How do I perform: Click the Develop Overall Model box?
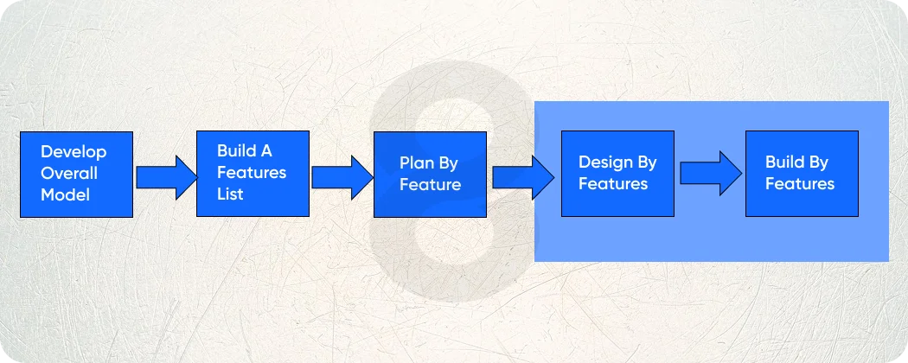[x=76, y=174]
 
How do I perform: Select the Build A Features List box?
[x=253, y=174]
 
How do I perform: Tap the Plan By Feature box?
[x=429, y=174]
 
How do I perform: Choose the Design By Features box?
[x=617, y=174]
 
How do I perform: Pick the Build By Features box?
[x=801, y=174]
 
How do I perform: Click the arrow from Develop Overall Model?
[x=167, y=177]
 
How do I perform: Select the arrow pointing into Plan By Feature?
[x=342, y=177]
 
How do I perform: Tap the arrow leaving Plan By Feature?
[x=523, y=177]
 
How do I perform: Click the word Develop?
[x=74, y=152]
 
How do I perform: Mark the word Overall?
[x=69, y=173]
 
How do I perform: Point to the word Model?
[x=65, y=194]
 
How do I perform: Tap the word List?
[x=230, y=194]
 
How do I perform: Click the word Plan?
[x=415, y=162]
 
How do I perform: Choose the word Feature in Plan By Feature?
[x=430, y=184]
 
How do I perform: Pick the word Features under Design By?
[x=613, y=184]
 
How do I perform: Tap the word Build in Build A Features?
[x=236, y=151]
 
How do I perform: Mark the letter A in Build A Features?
[x=266, y=151]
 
